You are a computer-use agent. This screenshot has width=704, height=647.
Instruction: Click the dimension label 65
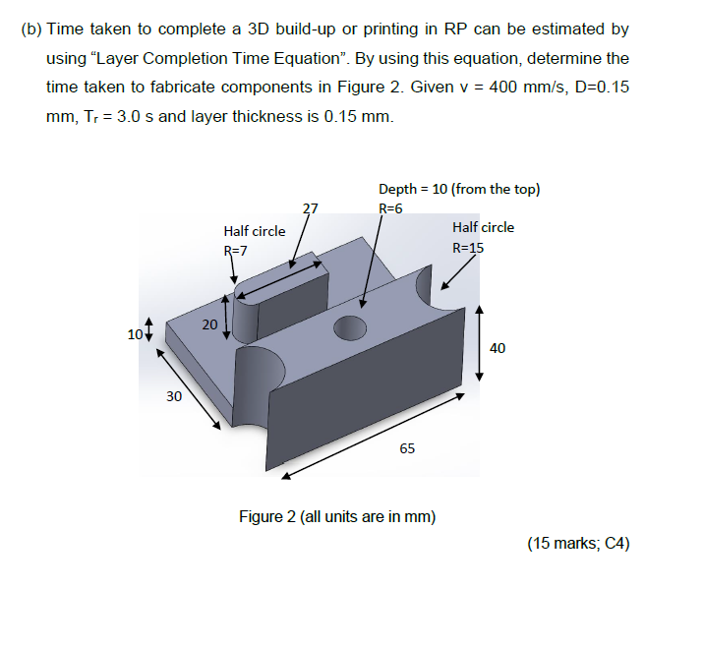point(407,448)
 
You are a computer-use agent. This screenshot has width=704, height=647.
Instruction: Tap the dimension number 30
point(174,396)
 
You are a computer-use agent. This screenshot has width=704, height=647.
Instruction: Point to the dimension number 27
point(311,208)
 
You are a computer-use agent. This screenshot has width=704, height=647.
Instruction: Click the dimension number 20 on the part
point(209,324)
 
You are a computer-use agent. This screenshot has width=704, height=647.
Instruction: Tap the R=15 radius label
point(468,247)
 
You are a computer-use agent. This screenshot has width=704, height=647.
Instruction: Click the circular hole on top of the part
point(350,326)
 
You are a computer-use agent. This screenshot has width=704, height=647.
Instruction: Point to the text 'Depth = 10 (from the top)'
point(458,189)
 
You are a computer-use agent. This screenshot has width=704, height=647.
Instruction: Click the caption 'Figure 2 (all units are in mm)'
point(338,516)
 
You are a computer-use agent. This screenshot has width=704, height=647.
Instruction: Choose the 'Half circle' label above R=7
point(255,231)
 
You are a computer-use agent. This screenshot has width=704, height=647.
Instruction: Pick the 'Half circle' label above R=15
point(483,227)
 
